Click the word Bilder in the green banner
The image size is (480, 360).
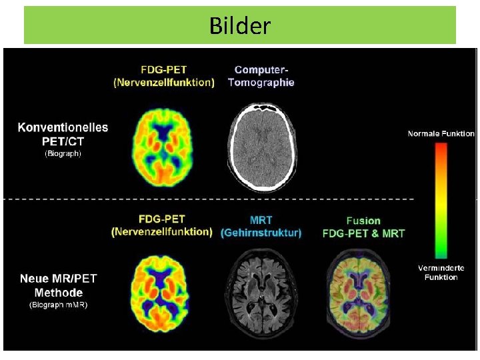pyautogui.click(x=240, y=25)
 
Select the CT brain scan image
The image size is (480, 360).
pyautogui.click(x=262, y=147)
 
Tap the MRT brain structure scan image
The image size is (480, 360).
pyautogui.click(x=261, y=293)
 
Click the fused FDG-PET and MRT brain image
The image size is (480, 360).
pyautogui.click(x=358, y=293)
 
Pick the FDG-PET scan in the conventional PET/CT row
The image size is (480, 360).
pyautogui.click(x=162, y=148)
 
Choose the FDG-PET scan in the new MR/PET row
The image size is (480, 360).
pyautogui.click(x=160, y=294)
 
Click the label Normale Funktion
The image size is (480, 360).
pyautogui.click(x=441, y=133)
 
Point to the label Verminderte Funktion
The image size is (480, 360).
pyautogui.click(x=441, y=273)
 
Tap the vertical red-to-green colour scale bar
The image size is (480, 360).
pyautogui.click(x=441, y=201)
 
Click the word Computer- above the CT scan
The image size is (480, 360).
pyautogui.click(x=261, y=70)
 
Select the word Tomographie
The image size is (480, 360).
pyautogui.click(x=261, y=83)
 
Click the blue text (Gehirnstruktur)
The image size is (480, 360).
pyautogui.click(x=261, y=233)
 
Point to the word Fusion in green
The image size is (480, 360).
pyautogui.click(x=363, y=221)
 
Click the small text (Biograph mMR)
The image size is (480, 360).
pyautogui.click(x=59, y=305)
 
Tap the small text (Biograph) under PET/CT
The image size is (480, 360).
pyautogui.click(x=63, y=153)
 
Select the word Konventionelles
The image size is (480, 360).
pyautogui.click(x=63, y=127)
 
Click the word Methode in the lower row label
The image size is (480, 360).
pyautogui.click(x=59, y=293)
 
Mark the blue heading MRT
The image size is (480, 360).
pyautogui.click(x=261, y=220)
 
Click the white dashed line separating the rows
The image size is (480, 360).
pyautogui.click(x=209, y=199)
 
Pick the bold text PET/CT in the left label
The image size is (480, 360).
pyautogui.click(x=63, y=141)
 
